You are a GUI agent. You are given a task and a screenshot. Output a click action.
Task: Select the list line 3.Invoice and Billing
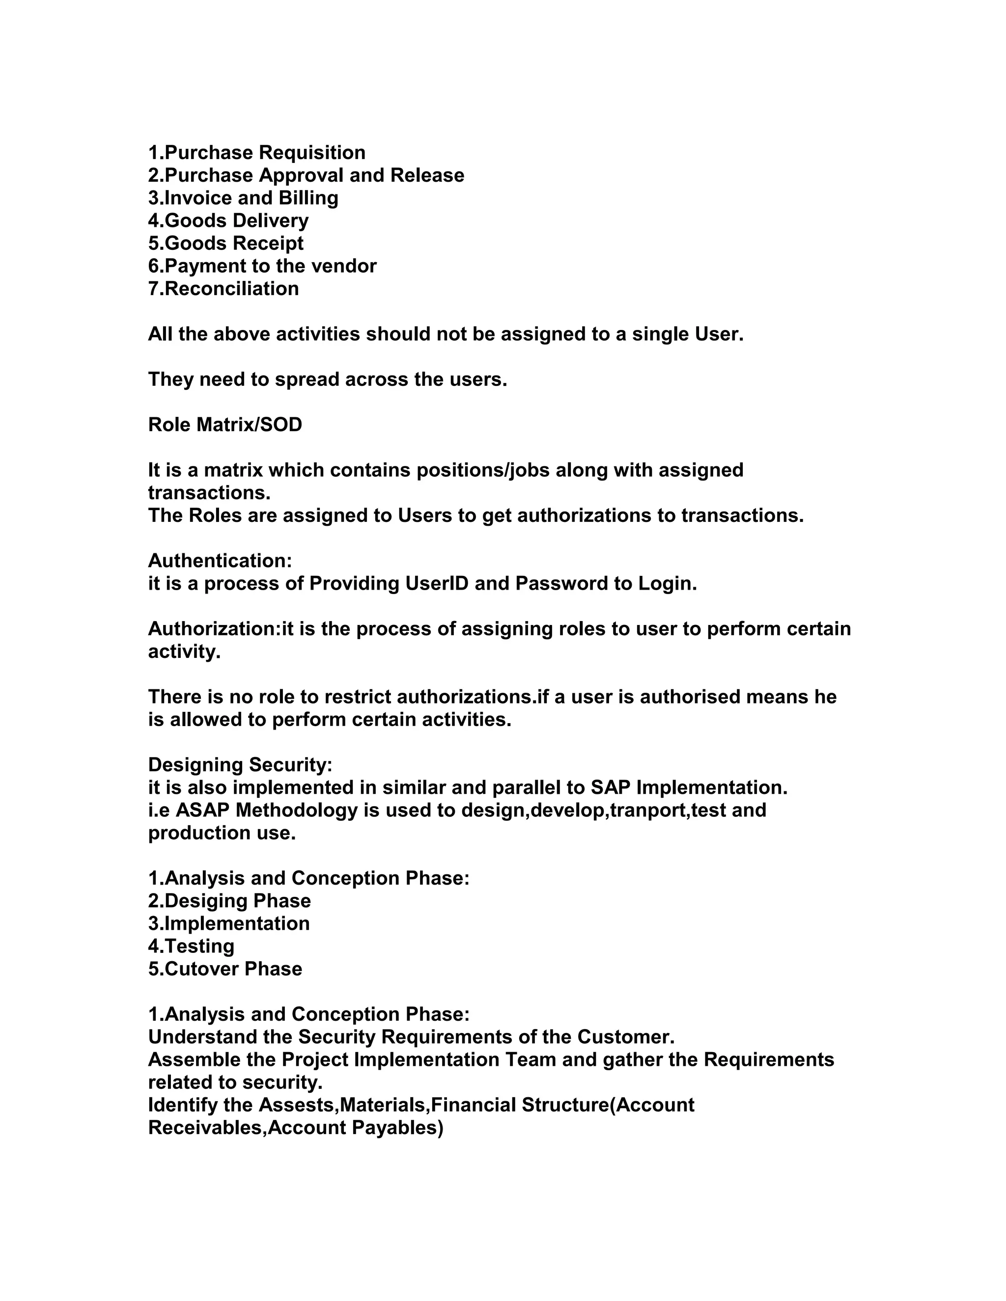(243, 198)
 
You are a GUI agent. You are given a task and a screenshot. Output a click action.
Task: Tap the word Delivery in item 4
(271, 221)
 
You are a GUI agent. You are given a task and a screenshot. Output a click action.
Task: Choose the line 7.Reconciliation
(224, 289)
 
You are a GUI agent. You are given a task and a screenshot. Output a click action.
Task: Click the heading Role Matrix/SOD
(224, 425)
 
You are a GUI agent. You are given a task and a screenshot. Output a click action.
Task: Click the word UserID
(437, 584)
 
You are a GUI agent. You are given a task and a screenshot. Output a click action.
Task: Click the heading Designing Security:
(240, 765)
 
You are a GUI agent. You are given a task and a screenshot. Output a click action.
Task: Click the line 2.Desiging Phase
(229, 901)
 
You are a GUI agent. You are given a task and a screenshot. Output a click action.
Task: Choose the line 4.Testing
(191, 947)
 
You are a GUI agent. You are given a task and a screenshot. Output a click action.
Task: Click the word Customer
(625, 1037)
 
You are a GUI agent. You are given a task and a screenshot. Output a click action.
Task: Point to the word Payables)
(397, 1128)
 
